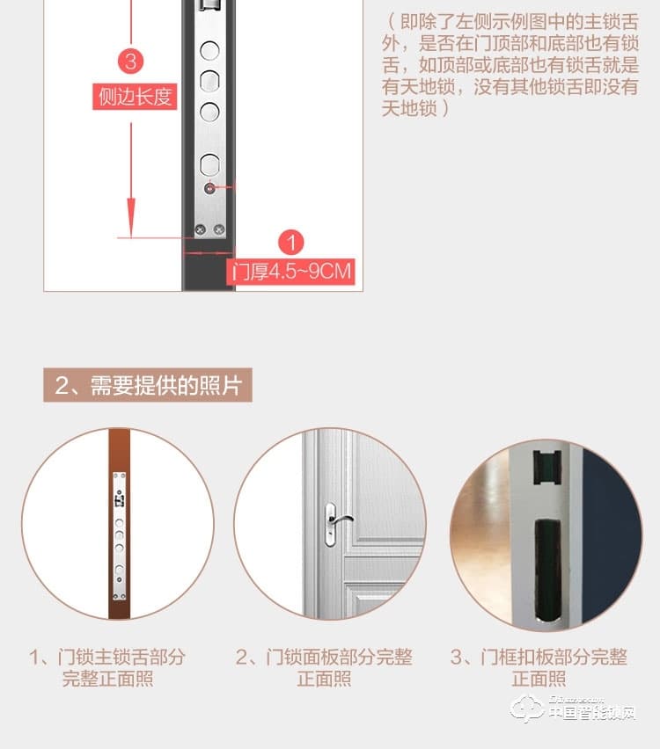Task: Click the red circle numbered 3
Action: pos(131,62)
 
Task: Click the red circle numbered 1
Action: pos(291,243)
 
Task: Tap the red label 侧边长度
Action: pos(135,96)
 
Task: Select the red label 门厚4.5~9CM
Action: pos(291,271)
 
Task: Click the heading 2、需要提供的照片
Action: pos(148,385)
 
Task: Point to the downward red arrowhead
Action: pos(131,215)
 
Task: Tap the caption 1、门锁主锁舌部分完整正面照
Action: pos(107,668)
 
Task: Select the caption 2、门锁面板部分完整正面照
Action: pos(324,668)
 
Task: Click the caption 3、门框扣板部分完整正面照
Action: pos(539,668)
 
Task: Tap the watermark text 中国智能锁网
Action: pos(591,713)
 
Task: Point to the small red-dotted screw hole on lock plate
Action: pos(209,187)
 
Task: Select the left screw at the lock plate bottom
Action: pos(199,229)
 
